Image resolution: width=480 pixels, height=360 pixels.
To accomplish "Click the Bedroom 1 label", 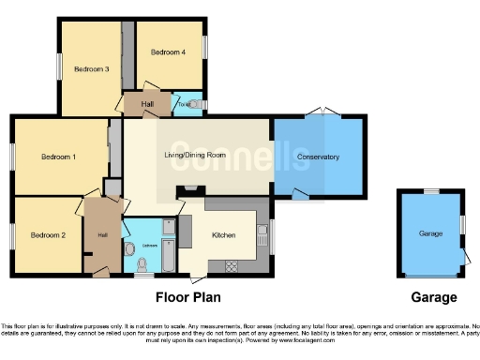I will click(58, 157).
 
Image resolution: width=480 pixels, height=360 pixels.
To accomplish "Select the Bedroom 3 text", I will click(92, 68).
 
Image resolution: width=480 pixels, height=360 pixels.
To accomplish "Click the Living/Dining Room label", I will click(196, 155).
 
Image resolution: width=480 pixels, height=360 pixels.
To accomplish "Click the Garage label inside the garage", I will click(430, 232).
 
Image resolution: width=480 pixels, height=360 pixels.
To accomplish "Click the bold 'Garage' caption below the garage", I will click(434, 297).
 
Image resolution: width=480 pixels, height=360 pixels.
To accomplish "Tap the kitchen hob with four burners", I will click(231, 267).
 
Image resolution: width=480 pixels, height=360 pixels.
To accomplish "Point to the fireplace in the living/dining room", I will click(190, 190).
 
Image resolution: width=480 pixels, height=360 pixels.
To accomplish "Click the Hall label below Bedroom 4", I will click(147, 104).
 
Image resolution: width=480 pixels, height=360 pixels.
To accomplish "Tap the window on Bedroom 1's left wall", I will click(12, 156).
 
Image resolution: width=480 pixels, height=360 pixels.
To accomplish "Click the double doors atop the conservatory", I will click(322, 114).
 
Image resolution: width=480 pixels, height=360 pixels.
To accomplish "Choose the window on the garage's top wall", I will click(430, 191).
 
